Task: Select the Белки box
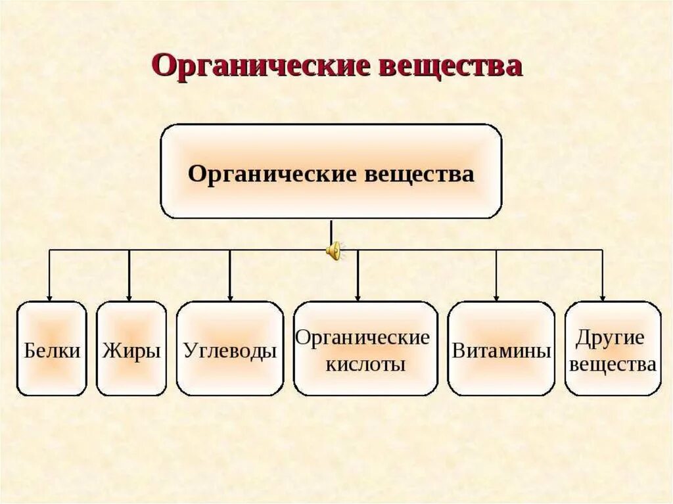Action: (x=52, y=349)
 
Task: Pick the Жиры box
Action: (x=131, y=349)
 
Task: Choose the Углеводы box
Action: (x=230, y=349)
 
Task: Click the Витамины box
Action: (x=501, y=349)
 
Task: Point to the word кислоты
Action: (x=365, y=363)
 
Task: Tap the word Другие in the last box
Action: (x=611, y=338)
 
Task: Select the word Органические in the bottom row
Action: (x=362, y=338)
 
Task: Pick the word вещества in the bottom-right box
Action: (x=613, y=363)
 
